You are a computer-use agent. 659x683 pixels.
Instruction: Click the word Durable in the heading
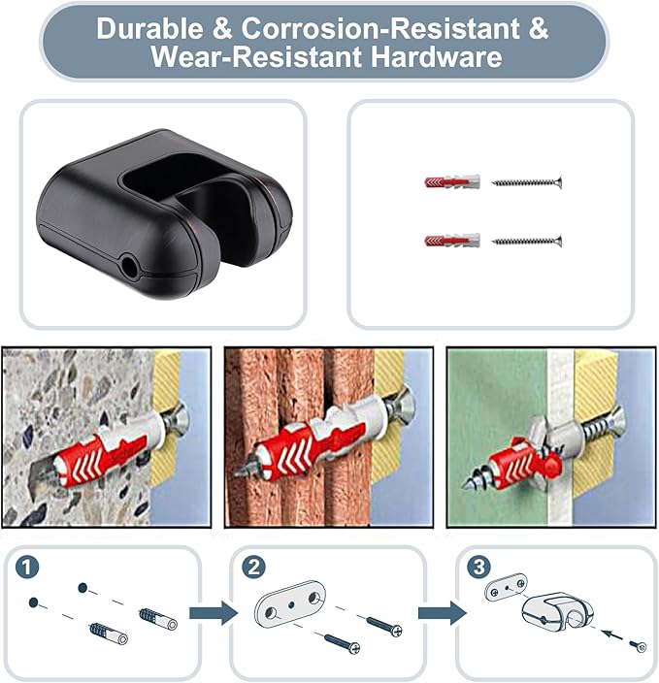tap(149, 29)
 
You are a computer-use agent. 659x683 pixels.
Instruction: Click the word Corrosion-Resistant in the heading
tap(380, 29)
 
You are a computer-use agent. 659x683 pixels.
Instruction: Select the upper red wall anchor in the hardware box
tap(452, 181)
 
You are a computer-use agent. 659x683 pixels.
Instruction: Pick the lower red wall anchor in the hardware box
tap(452, 241)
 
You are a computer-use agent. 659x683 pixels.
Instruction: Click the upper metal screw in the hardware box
tap(527, 182)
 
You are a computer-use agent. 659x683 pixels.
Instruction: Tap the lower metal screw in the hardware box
tap(527, 241)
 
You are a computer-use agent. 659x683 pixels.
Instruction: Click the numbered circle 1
tap(27, 568)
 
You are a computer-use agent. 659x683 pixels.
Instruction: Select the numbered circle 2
tap(253, 568)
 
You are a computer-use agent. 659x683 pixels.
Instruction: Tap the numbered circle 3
tap(479, 567)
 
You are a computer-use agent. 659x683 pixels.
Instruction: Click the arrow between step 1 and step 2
tap(214, 613)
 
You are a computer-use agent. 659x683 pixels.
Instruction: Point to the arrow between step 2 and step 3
tap(443, 613)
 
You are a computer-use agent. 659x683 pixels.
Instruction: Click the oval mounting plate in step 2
tap(290, 604)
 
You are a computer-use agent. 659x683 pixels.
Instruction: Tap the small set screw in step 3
tap(640, 646)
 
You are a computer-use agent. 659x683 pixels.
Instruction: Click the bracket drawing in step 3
tap(558, 610)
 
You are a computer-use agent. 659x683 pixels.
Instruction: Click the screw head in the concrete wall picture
tap(180, 418)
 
